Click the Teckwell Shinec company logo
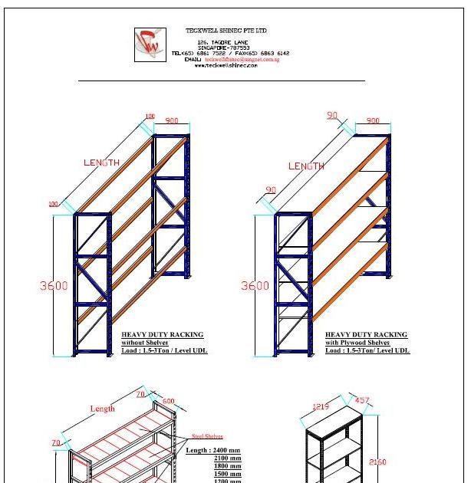pyautogui.click(x=150, y=44)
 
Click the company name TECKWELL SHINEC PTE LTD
pyautogui.click(x=226, y=31)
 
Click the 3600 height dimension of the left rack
pyautogui.click(x=54, y=286)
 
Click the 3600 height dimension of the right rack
pyautogui.click(x=255, y=286)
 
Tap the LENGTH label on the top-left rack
pyautogui.click(x=101, y=163)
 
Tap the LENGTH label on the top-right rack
pyautogui.click(x=306, y=166)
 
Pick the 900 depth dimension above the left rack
pyautogui.click(x=171, y=121)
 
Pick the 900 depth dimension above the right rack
pyautogui.click(x=373, y=121)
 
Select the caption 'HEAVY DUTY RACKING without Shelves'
pyautogui.click(x=163, y=339)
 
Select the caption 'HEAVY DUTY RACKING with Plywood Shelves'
pyautogui.click(x=366, y=339)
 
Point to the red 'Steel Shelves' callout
pyautogui.click(x=207, y=437)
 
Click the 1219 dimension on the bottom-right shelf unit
pyautogui.click(x=321, y=407)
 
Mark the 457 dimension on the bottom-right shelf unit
pyautogui.click(x=362, y=401)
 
